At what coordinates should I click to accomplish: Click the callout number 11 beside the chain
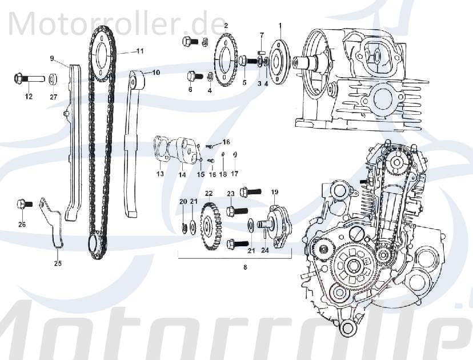(x=139, y=51)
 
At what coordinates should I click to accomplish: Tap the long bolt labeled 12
(x=28, y=78)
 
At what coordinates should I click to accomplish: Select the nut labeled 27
(x=52, y=78)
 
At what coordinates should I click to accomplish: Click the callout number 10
(x=155, y=73)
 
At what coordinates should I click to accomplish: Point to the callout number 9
(x=51, y=58)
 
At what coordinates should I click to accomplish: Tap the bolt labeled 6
(x=191, y=75)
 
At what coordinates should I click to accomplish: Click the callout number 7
(x=262, y=35)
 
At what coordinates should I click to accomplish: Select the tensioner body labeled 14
(x=183, y=150)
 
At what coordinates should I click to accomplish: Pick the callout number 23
(x=230, y=194)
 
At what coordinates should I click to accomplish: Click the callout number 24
(x=264, y=250)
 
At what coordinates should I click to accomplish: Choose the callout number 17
(x=234, y=173)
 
